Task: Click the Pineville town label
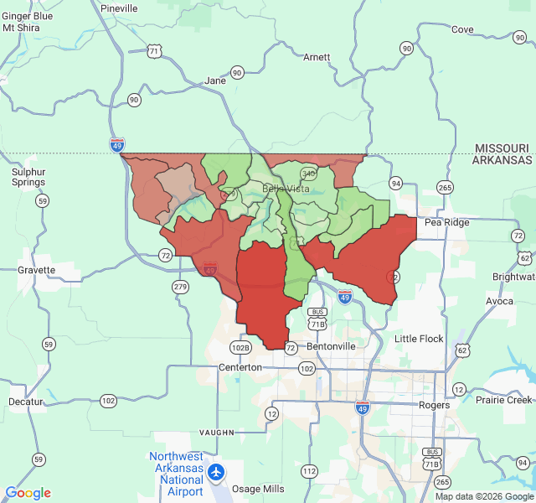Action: pyautogui.click(x=118, y=8)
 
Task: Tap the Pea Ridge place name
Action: pyautogui.click(x=447, y=222)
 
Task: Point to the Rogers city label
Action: pyautogui.click(x=435, y=405)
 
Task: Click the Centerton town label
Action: pyautogui.click(x=240, y=367)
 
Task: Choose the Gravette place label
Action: pyautogui.click(x=37, y=271)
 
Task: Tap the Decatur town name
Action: pyautogui.click(x=26, y=402)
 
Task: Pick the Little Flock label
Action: pyautogui.click(x=419, y=339)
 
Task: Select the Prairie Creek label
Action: pyautogui.click(x=503, y=399)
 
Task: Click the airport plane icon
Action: pyautogui.click(x=217, y=472)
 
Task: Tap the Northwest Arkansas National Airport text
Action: pyautogui.click(x=176, y=474)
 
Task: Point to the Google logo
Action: pyautogui.click(x=28, y=493)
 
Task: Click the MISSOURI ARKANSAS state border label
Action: pyautogui.click(x=502, y=154)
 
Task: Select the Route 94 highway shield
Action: pyautogui.click(x=396, y=183)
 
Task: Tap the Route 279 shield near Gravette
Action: pyautogui.click(x=180, y=287)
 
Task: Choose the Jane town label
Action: pyautogui.click(x=215, y=81)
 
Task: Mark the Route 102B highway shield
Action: pyautogui.click(x=240, y=347)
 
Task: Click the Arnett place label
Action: pyautogui.click(x=317, y=57)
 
